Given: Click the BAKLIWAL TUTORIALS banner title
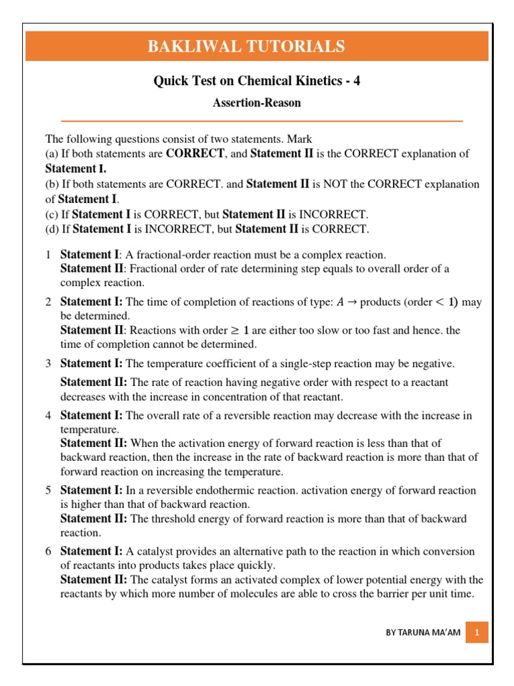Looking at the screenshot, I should point(256,46).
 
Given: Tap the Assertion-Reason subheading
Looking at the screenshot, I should point(256,102).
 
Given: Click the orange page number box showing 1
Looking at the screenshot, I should point(477,632).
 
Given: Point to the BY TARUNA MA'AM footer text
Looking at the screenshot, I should point(423,632).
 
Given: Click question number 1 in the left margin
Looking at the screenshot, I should point(48,255).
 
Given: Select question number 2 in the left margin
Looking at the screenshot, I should point(48,302).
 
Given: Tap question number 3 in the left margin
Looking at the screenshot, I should point(48,364).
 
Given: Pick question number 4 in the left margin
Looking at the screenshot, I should point(48,415).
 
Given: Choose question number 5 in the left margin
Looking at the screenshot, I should point(48,490).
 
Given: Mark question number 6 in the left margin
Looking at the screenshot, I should point(48,551).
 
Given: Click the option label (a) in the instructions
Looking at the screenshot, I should point(52,153).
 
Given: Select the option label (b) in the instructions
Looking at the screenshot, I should point(52,184).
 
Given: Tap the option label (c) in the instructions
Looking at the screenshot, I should point(52,214).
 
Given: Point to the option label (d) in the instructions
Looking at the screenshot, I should point(52,229).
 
